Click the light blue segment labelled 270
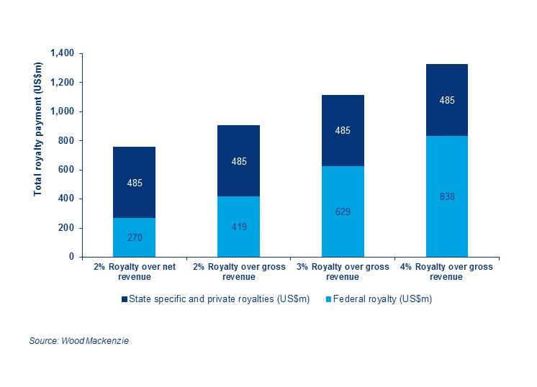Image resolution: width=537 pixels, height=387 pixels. tap(135, 237)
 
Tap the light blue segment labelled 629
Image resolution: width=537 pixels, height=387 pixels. tap(343, 211)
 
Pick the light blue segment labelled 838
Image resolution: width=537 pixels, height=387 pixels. tap(446, 196)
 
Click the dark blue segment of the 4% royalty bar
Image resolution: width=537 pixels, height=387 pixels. tap(446, 100)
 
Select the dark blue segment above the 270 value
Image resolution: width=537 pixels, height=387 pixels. tap(135, 182)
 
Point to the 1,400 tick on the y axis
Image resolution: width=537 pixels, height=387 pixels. tap(63, 54)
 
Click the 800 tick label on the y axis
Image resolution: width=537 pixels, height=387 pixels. tap(67, 141)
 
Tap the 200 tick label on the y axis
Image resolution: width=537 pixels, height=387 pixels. tap(67, 228)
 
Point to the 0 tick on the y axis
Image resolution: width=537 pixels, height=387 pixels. tap(72, 257)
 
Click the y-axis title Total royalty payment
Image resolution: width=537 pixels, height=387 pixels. tap(38, 129)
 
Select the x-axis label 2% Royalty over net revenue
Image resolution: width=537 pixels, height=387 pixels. tap(135, 271)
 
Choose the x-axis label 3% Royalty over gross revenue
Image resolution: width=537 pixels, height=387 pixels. tap(343, 271)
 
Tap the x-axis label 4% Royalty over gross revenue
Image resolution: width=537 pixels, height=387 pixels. tap(446, 271)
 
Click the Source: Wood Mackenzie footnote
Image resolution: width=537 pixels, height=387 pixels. tap(79, 340)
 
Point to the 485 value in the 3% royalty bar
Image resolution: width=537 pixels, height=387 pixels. tap(343, 131)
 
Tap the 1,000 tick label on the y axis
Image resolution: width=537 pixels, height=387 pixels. tap(63, 112)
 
